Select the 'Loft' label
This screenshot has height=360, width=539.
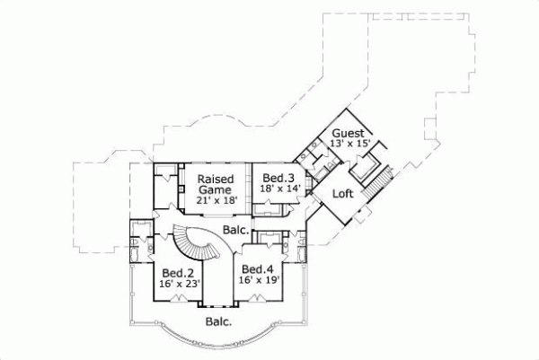(342, 194)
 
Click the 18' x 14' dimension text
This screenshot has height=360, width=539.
(280, 189)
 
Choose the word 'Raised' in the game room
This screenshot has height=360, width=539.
(216, 179)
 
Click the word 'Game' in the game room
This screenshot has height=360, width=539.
(216, 190)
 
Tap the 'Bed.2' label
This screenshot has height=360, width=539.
(178, 271)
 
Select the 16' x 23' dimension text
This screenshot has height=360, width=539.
(178, 283)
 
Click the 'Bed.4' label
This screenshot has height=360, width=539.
(258, 269)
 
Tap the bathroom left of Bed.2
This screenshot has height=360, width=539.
(140, 246)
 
